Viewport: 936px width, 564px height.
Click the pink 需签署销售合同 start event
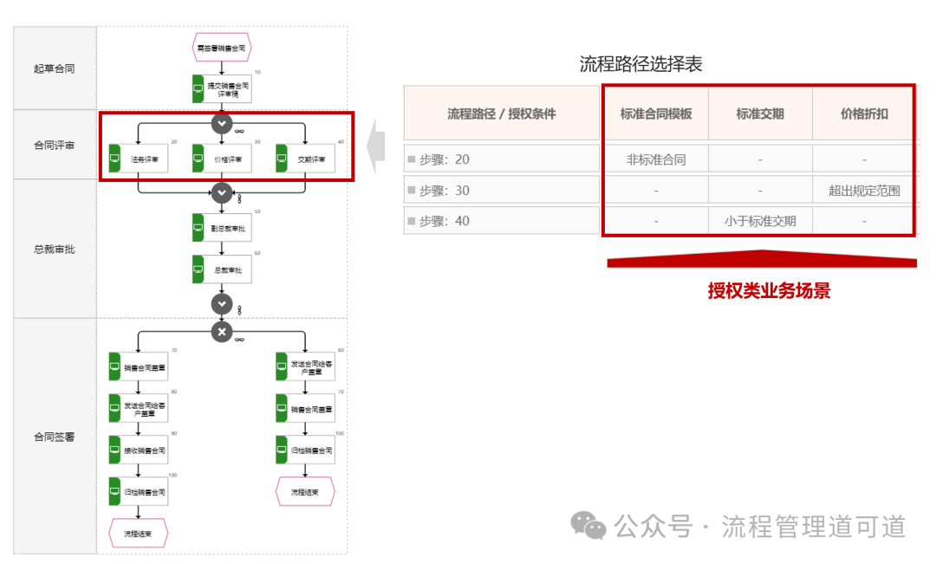point(222,49)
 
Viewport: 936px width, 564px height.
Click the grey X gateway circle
point(222,332)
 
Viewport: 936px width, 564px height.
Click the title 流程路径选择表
point(640,63)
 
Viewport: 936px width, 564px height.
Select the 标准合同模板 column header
point(656,113)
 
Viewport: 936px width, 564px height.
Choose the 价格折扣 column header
point(863,113)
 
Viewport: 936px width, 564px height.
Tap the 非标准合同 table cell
point(656,159)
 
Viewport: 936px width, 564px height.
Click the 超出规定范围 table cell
point(863,191)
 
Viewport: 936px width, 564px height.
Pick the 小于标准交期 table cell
point(760,221)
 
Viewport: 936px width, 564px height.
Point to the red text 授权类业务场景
point(769,291)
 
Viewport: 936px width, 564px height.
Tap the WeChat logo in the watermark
point(588,525)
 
